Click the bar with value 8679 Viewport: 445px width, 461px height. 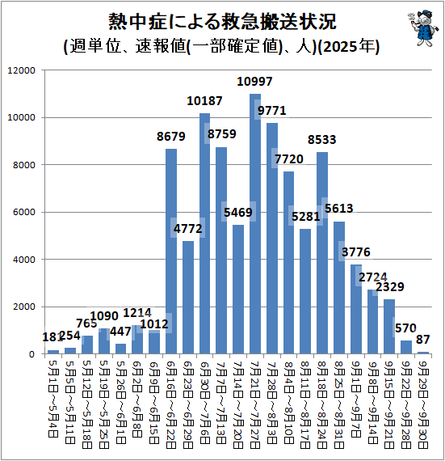[x=171, y=252]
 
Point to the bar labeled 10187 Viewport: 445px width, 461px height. [x=205, y=234]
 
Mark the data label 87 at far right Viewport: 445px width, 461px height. [x=422, y=339]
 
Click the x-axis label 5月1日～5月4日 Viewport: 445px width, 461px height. [x=53, y=396]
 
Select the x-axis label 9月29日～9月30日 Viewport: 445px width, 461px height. [x=422, y=400]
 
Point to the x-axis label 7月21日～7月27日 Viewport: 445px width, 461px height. [x=255, y=400]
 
